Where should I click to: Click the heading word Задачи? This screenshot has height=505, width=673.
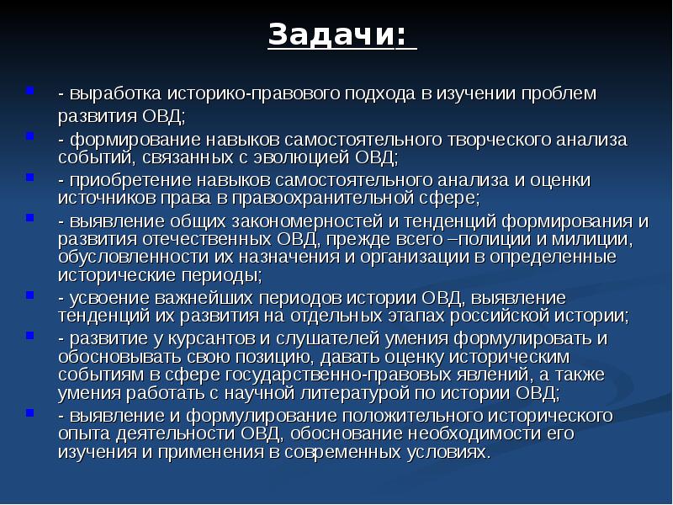331,35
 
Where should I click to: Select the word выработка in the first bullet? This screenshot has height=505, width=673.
115,93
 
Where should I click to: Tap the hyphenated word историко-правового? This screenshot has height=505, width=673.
253,93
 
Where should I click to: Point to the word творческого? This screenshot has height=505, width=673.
499,141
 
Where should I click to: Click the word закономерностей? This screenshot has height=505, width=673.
307,221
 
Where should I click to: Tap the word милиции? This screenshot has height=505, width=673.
591,240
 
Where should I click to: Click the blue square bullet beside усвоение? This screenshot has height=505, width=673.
29,295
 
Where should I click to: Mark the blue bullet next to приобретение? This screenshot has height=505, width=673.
29,177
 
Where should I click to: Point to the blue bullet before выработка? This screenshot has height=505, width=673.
29,90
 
